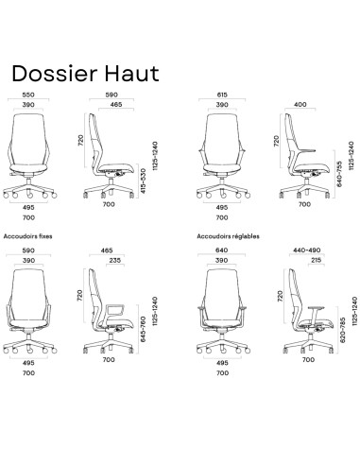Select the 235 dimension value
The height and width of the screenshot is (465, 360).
point(114,262)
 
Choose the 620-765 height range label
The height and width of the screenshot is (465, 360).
point(337,328)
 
